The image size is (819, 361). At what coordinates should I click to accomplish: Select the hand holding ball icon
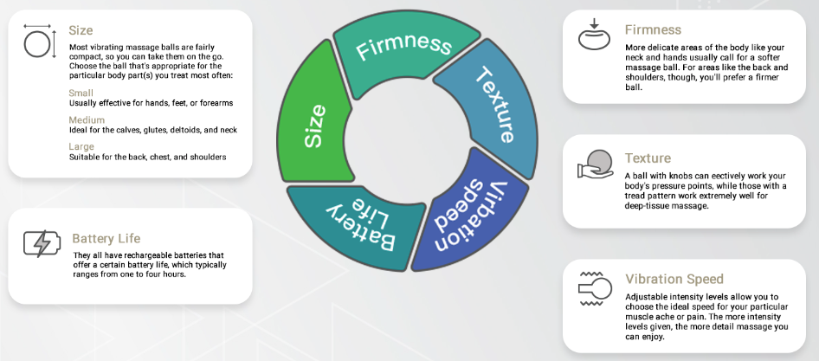596,164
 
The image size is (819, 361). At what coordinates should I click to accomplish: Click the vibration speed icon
596,293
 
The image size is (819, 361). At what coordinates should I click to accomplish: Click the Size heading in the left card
81,31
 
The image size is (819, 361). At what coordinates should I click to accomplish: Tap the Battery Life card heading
106,238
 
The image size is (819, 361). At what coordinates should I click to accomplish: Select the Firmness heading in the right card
653,30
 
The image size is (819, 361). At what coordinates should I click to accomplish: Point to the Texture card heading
648,158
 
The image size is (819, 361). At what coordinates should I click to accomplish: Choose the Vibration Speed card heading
674,280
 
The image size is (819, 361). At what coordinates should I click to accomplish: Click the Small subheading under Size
80,93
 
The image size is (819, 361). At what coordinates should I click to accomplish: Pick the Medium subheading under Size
87,119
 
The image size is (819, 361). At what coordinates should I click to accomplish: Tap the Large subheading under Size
81,146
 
